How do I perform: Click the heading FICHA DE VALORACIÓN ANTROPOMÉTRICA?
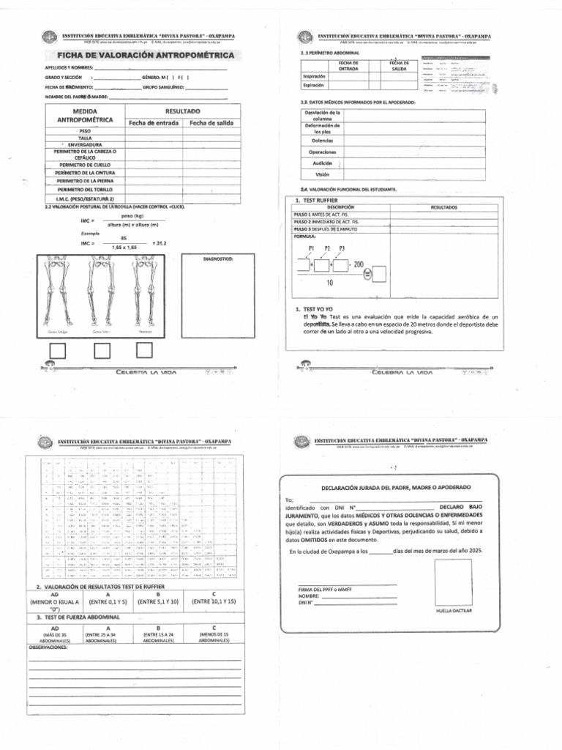(x=140, y=55)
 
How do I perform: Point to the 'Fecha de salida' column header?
(x=211, y=122)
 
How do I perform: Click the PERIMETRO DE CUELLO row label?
(x=85, y=166)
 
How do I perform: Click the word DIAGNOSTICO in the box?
(x=217, y=259)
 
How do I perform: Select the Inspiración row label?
(x=312, y=75)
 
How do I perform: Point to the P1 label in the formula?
(x=311, y=249)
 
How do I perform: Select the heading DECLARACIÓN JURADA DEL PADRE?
(x=397, y=487)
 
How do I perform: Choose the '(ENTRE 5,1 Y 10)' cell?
(x=158, y=601)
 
